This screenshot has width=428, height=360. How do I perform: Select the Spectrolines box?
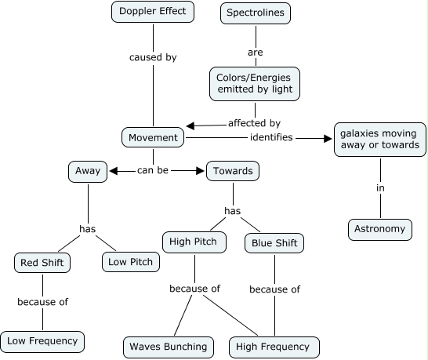[254, 13]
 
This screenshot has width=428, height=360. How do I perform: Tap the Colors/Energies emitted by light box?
[255, 83]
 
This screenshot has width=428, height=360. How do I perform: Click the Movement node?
[153, 138]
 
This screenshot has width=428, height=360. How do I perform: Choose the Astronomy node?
[380, 229]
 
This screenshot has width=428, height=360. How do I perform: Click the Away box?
[86, 170]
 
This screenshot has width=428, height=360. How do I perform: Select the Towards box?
[233, 170]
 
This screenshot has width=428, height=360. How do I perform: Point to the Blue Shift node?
[274, 244]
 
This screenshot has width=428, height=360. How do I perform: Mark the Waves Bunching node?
[169, 346]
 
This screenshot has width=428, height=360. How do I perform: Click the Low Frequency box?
[42, 340]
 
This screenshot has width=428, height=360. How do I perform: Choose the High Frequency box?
[274, 346]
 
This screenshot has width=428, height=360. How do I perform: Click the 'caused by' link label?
[152, 57]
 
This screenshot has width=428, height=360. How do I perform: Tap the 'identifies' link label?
[271, 137]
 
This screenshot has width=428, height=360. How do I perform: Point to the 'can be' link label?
[153, 169]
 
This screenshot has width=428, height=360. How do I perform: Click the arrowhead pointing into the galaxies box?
[328, 139]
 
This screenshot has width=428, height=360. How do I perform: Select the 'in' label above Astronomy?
[380, 188]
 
